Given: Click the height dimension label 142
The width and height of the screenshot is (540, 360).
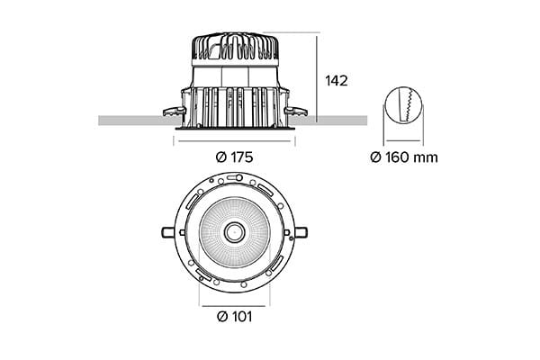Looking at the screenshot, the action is click(336, 81).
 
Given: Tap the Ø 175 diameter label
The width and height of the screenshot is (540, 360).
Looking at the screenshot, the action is click(235, 157).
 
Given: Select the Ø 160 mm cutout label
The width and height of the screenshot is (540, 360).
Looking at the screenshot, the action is click(404, 157).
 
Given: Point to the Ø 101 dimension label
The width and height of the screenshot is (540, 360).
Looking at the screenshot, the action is click(235, 316).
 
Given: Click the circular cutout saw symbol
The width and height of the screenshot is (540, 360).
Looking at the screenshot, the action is click(403, 104).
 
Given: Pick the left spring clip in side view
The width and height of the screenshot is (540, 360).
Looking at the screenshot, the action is click(175, 112).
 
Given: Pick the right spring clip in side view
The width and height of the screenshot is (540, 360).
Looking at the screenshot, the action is click(295, 111).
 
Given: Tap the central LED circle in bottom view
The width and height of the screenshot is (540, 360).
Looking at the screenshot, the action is click(235, 232).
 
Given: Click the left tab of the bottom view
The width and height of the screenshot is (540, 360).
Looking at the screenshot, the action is click(168, 232).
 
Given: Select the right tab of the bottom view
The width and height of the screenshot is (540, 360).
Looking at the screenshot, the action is click(301, 232).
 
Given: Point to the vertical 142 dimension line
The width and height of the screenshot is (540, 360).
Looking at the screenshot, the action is click(317, 77).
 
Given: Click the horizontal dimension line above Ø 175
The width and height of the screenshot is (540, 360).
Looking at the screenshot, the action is click(235, 141).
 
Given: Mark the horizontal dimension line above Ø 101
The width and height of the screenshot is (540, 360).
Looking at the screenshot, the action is click(234, 306).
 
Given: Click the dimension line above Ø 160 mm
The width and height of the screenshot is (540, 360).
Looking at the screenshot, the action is click(403, 140).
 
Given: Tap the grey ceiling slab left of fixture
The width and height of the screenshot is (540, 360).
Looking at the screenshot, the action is click(139, 121).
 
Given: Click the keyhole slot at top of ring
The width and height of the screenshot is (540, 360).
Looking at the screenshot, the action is click(234, 178).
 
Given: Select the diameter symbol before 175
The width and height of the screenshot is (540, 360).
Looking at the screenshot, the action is click(221, 157).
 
